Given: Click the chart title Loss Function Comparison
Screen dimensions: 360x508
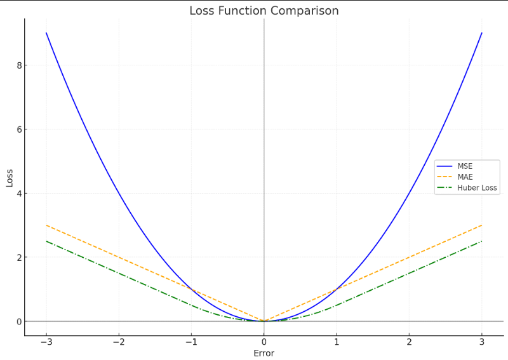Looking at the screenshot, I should pos(264,11).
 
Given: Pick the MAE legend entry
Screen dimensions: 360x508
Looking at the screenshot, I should pos(465,177).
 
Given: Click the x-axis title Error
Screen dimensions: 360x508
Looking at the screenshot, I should pos(264,354).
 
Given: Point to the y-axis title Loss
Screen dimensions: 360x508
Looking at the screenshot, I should pos(10,177).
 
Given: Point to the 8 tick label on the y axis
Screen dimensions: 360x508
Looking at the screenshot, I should pos(20,65).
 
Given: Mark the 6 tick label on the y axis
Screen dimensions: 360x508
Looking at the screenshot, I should pos(20,130).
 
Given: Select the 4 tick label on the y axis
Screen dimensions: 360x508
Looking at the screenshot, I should pos(20,193).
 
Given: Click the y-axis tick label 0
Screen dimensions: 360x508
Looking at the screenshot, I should pos(20,321).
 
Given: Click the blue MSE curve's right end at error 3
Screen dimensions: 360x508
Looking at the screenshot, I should pos(482,33).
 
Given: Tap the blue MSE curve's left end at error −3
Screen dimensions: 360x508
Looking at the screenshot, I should pos(46,33).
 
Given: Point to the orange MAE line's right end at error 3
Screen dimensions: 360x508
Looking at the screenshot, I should pos(482,225).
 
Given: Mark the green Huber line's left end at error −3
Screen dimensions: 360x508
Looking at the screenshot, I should pos(46,241).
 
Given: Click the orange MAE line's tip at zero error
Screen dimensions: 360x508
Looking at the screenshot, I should pos(264,321).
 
